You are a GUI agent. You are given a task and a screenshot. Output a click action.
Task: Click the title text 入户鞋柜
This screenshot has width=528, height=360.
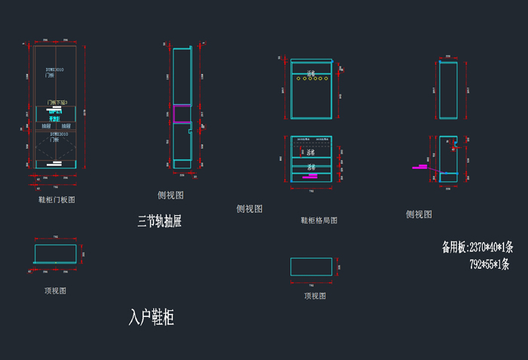[152, 318]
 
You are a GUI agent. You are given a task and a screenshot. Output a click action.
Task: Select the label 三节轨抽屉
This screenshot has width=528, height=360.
[159, 221]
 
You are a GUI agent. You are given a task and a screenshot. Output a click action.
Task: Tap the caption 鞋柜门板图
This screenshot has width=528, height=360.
[57, 200]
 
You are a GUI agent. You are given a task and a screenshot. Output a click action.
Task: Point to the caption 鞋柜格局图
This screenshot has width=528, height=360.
[318, 220]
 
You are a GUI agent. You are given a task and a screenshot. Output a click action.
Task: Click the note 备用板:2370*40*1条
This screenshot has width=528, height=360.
[477, 247]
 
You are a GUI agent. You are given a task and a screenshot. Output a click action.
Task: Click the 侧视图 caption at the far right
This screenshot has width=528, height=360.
[419, 214]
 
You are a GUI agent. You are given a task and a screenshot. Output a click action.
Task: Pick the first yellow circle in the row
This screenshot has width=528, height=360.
[299, 78]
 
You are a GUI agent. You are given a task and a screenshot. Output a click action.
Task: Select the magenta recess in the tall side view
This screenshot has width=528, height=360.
[181, 114]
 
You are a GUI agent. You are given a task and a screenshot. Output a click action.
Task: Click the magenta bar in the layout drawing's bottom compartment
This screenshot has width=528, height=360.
[311, 176]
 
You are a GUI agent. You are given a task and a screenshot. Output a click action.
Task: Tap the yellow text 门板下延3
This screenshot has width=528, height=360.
[57, 102]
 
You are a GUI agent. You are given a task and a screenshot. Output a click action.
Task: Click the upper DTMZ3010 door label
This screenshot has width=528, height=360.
[54, 69]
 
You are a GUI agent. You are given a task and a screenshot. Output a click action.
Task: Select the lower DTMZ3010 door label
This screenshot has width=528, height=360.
[54, 134]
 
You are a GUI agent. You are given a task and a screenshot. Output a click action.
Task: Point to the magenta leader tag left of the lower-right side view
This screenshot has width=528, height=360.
[419, 166]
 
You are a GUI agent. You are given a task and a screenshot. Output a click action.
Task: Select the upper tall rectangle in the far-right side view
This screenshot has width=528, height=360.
[448, 90]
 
